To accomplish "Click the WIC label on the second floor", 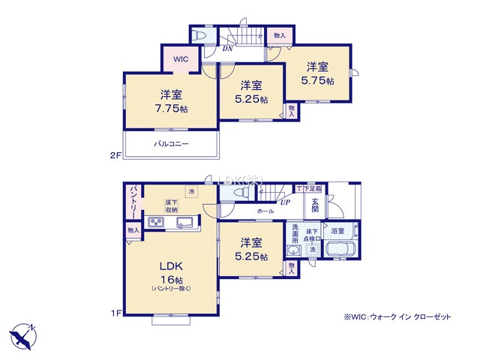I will click(x=181, y=58).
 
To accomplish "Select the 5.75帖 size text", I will click(x=317, y=80).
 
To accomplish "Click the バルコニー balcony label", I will click(x=172, y=143).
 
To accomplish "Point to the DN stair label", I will click(x=227, y=49).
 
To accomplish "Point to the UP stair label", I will click(x=284, y=202).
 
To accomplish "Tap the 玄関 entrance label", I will click(x=315, y=205).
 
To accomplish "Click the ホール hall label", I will click(x=265, y=212).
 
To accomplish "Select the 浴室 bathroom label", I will click(x=337, y=231).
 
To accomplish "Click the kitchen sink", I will click(x=185, y=222).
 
